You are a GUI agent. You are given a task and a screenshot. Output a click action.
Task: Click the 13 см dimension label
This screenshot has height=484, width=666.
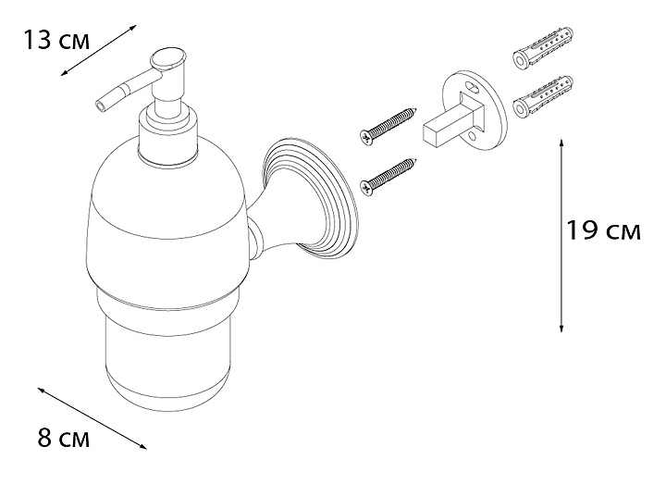[x=56, y=41]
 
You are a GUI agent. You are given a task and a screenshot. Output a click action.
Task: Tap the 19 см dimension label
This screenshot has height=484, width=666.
[x=603, y=230]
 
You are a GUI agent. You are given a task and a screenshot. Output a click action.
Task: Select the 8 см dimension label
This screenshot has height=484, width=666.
[x=64, y=438]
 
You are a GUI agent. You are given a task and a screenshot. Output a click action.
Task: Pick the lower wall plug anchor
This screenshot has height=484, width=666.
[x=543, y=97]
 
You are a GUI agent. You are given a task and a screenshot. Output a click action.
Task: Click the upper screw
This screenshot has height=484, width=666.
[x=388, y=127]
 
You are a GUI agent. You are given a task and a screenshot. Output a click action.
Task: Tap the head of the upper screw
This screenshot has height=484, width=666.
[x=366, y=138]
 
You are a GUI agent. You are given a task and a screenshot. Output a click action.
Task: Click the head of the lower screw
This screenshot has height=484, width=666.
[x=366, y=188]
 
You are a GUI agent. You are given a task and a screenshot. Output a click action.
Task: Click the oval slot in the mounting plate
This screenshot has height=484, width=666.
[x=473, y=89]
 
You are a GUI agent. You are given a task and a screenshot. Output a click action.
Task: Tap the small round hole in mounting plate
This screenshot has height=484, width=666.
[x=473, y=136]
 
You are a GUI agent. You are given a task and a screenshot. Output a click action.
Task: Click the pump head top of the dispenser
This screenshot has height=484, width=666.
[x=168, y=61]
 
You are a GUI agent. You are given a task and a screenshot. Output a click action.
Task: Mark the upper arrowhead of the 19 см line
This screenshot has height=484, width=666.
[x=561, y=142]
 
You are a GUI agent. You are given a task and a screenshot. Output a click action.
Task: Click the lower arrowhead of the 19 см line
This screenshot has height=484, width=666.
[x=561, y=328]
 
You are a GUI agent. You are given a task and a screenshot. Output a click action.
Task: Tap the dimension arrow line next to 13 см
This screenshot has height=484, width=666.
[x=98, y=50]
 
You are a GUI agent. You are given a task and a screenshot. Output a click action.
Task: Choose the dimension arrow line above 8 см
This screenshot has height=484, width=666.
[x=92, y=418]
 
